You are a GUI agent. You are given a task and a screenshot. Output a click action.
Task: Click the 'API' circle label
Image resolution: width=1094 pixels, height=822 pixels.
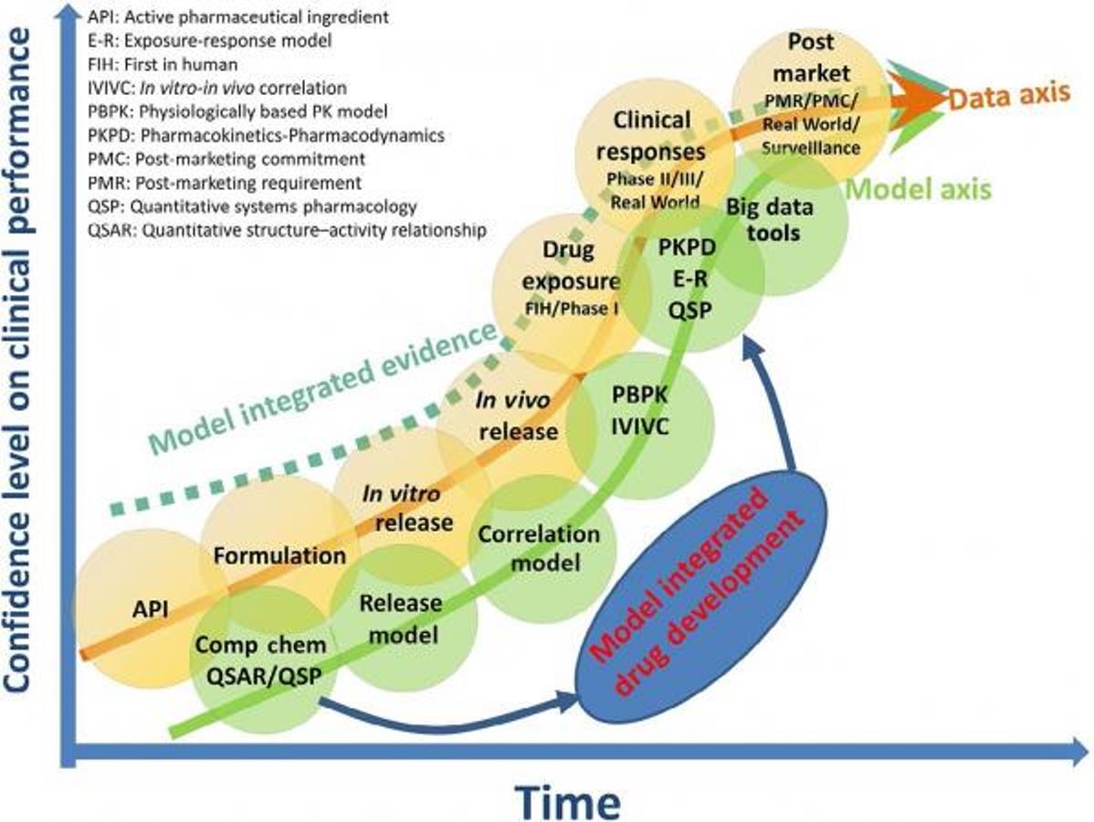pyautogui.click(x=150, y=607)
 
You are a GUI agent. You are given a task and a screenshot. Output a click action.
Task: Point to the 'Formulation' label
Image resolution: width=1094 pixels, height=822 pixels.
pyautogui.click(x=279, y=554)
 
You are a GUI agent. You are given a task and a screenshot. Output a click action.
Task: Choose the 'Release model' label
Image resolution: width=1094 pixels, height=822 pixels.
pyautogui.click(x=401, y=618)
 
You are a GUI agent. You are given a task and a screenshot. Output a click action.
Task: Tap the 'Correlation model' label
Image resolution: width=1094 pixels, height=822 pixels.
pyautogui.click(x=540, y=547)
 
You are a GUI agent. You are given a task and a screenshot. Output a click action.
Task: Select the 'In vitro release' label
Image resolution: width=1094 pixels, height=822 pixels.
pyautogui.click(x=405, y=508)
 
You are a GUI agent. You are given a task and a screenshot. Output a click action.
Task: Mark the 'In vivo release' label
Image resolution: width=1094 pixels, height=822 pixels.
pyautogui.click(x=516, y=416)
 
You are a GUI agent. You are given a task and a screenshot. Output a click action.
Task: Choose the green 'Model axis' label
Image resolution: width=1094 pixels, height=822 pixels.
pyautogui.click(x=921, y=189)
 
